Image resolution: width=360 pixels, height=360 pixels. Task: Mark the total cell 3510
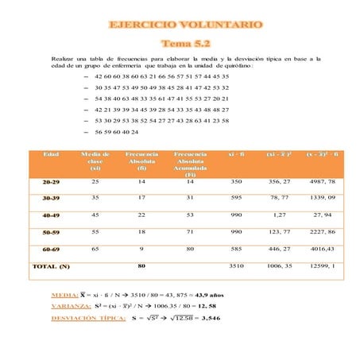point(236,266)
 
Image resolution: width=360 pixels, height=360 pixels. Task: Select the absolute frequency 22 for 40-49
point(141,215)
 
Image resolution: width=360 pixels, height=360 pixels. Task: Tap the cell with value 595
point(236,197)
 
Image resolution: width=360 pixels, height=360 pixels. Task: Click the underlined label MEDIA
point(64,294)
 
